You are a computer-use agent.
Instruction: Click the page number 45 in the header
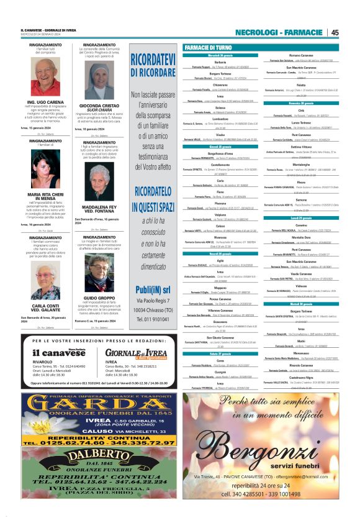335,32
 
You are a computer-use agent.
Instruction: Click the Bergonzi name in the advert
264,449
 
